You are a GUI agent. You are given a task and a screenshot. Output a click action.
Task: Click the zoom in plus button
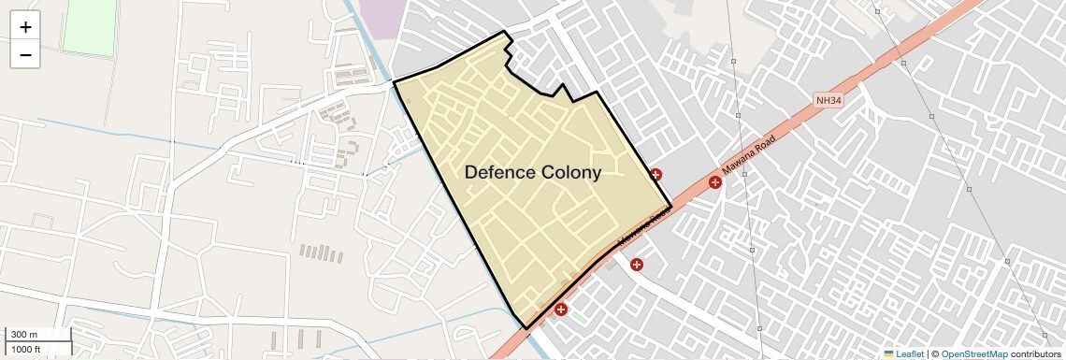25,27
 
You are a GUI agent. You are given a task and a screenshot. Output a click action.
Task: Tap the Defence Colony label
532,172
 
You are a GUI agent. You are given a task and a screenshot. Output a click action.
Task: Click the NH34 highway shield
828,99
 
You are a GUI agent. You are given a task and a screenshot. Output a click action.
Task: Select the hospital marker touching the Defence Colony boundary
655,174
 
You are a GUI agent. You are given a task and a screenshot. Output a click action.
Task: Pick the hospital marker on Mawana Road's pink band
715,181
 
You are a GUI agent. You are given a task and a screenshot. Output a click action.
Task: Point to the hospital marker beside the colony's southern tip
561,309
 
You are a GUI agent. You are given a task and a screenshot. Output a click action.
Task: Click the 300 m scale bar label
24,335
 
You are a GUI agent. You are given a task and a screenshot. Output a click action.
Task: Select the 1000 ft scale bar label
26,349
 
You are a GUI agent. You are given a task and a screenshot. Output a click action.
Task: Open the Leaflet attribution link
910,353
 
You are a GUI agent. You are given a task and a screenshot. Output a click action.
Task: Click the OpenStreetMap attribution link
973,353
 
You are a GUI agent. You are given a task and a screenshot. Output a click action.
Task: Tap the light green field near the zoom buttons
89,28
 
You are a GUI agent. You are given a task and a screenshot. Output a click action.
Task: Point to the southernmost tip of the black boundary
526,328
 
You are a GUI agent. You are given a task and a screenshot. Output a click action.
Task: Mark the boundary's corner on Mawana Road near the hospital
670,206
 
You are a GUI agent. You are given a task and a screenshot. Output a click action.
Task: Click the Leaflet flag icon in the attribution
888,353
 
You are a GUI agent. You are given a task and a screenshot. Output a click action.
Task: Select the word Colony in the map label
569,172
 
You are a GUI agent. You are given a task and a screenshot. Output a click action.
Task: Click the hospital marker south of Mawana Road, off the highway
637,266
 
